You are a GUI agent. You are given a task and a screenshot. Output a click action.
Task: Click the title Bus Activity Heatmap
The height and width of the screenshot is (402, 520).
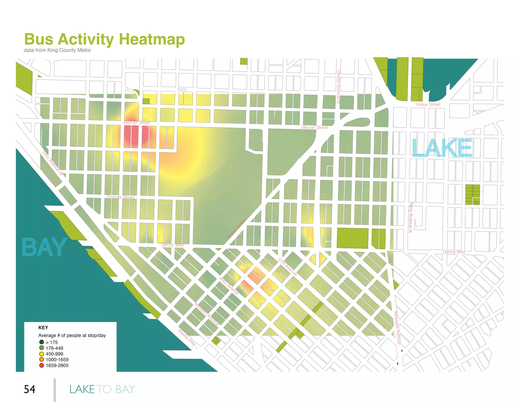pos(104,39)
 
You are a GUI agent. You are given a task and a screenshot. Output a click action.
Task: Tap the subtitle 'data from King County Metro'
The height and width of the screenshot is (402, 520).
pos(57,50)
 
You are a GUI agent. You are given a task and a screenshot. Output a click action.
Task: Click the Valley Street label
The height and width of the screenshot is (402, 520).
pos(428,104)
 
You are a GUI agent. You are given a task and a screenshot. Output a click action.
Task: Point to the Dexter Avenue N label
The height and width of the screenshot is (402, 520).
pos(338,87)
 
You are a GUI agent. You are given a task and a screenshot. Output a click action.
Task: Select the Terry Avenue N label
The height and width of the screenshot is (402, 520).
pos(411,217)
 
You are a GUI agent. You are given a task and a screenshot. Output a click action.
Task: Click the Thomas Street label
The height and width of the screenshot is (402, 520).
pos(120,197)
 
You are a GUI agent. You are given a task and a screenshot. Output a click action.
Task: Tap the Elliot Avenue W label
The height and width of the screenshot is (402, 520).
pos(52,163)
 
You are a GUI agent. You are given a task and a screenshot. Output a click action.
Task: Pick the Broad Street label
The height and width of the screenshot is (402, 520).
pos(236,229)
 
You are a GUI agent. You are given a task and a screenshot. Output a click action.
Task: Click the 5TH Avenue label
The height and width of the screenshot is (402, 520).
pos(287,267)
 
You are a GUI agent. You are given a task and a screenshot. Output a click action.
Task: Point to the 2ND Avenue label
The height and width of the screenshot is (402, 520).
pos(229,286)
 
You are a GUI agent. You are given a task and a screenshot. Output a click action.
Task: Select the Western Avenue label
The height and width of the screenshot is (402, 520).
pos(206,314)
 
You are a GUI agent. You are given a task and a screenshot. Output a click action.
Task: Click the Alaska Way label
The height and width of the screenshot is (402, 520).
pos(187,337)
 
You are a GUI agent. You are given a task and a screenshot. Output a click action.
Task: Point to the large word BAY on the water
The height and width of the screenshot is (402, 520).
pos(44,247)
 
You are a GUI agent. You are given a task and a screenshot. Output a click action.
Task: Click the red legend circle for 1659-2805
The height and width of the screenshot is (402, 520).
pos(42,365)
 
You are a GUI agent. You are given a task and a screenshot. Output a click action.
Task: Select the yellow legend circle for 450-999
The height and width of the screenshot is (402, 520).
pos(42,354)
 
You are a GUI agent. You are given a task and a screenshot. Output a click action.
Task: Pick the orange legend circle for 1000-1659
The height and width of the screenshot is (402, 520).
pos(42,360)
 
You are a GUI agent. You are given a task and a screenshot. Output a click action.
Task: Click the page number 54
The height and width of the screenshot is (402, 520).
pos(29,389)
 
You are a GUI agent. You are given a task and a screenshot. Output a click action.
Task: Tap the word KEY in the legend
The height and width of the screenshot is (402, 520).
pos(43,328)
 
